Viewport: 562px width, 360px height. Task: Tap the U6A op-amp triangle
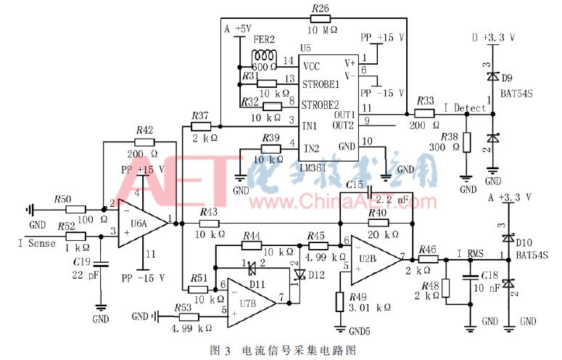click(x=142, y=218)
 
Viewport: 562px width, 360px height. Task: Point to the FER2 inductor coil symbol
click(x=265, y=57)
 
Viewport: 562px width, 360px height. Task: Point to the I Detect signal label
click(x=464, y=108)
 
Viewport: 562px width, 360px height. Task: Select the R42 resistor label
click(x=144, y=130)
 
